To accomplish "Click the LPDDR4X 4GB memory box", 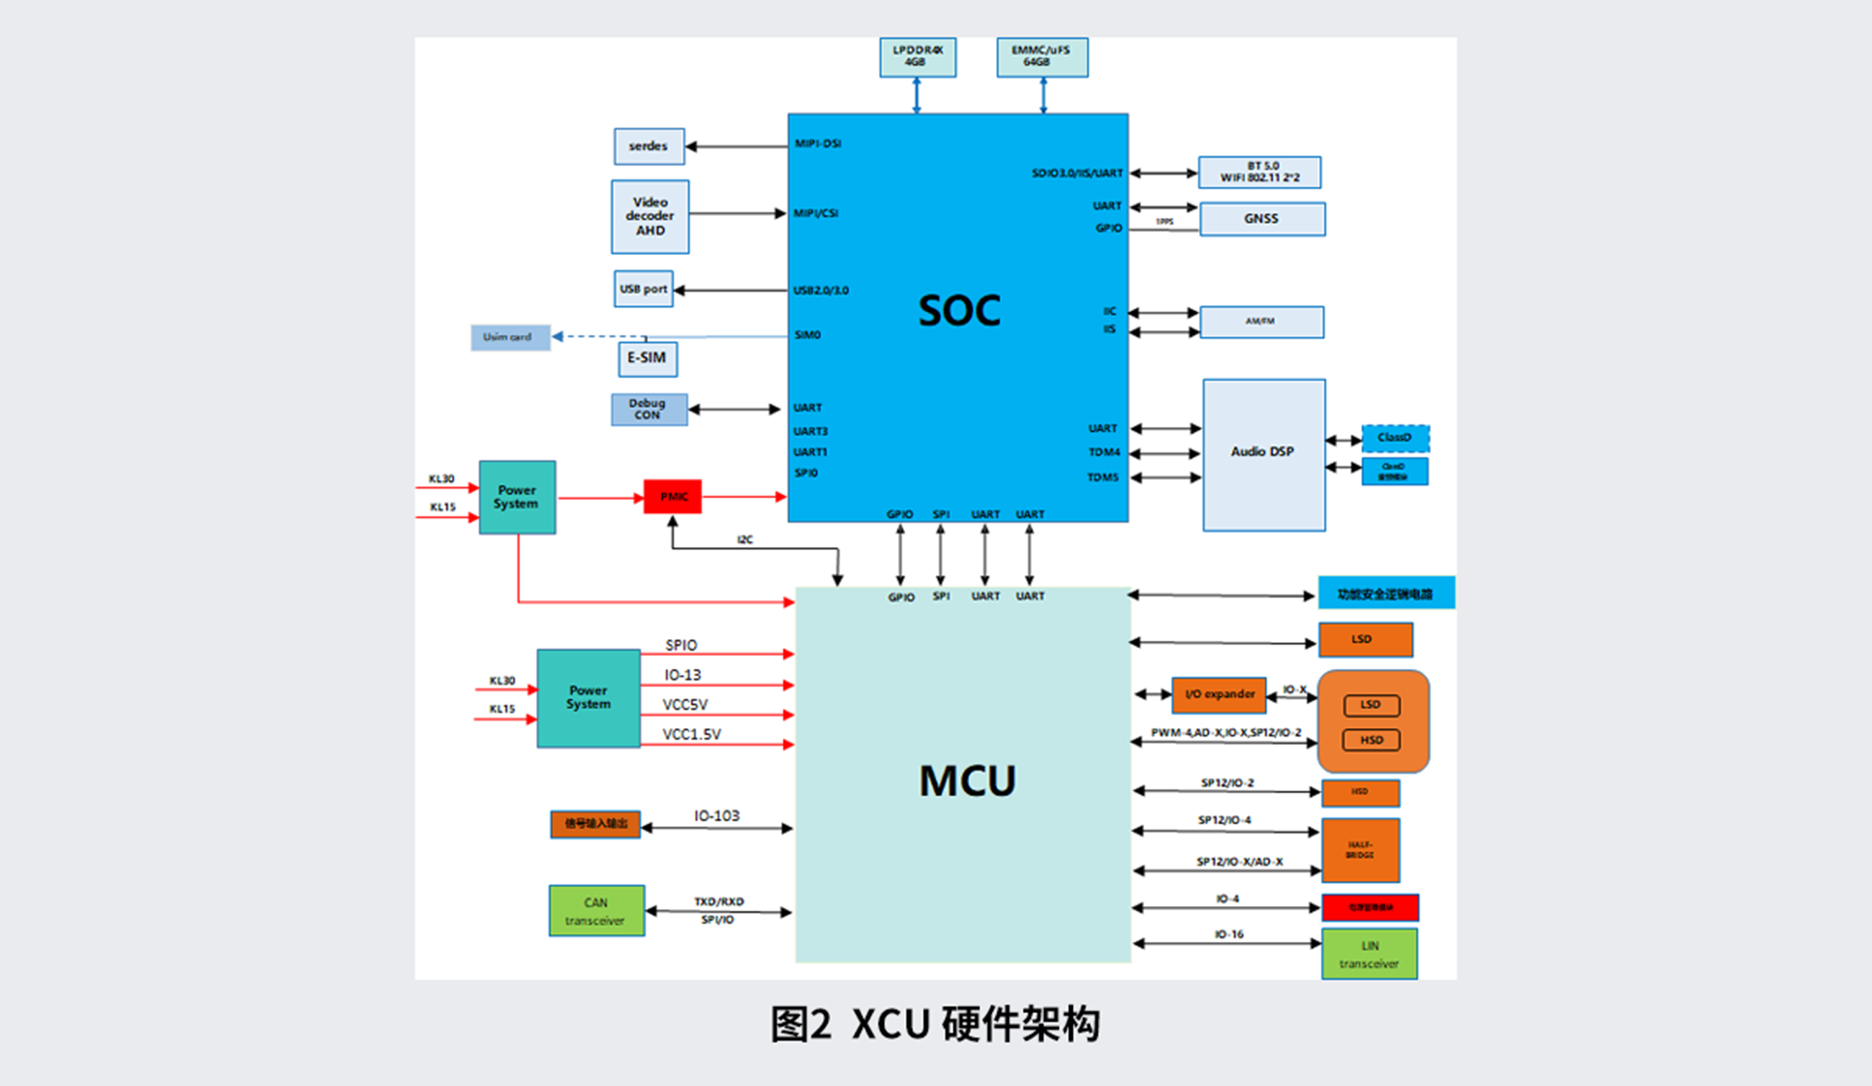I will [x=917, y=57].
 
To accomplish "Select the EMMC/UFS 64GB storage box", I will [x=1042, y=57].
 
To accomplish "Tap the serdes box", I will [x=649, y=146].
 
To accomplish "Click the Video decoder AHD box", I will [x=650, y=217].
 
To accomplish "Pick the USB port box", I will [x=643, y=289].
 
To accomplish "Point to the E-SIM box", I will [x=647, y=359].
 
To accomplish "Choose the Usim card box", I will [x=510, y=337].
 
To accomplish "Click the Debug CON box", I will [x=649, y=409].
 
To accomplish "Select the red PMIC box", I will [x=672, y=497].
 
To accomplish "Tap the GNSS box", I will [x=1261, y=219].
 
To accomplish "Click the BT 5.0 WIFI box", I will [x=1259, y=172].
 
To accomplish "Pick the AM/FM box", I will [x=1261, y=323].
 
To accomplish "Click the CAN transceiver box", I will [x=596, y=911].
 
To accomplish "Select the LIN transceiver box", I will [x=1369, y=954].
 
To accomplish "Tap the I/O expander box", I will [x=1219, y=694].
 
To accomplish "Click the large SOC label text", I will [x=959, y=310].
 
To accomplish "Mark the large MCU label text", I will [x=967, y=781].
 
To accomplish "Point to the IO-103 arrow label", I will [x=716, y=816].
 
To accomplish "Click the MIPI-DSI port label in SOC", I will [x=817, y=143].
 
